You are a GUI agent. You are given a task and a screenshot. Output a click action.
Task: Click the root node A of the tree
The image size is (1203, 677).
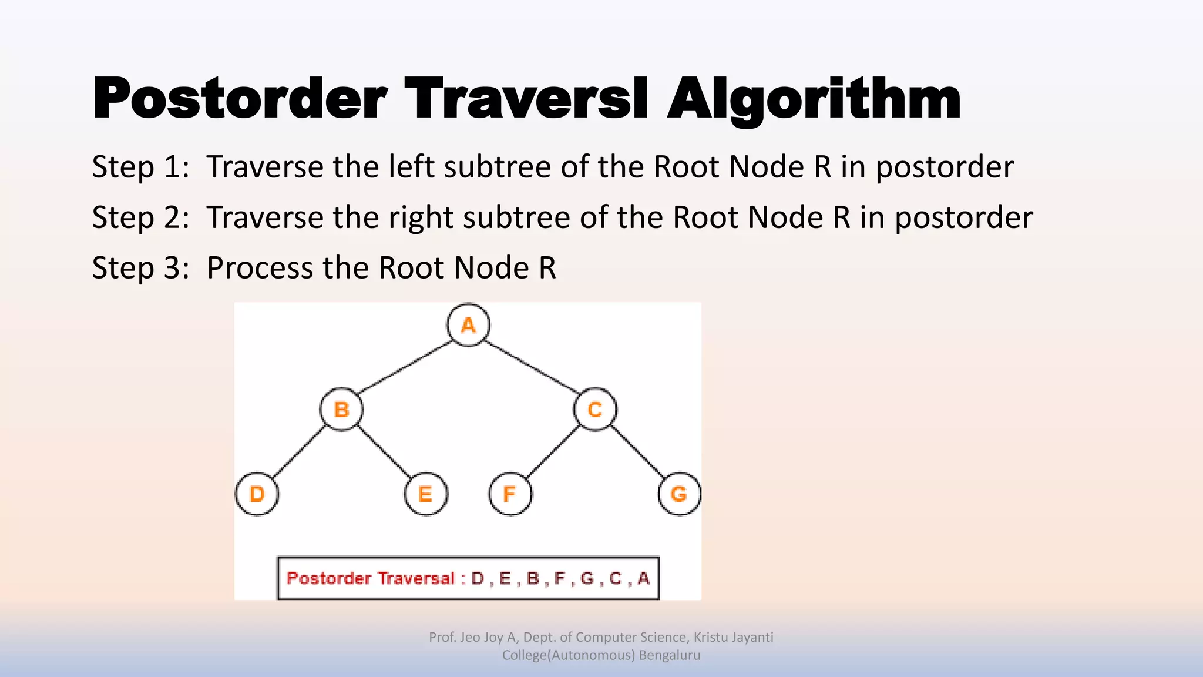(468, 325)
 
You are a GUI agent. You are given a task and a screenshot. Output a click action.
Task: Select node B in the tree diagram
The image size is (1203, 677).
(341, 409)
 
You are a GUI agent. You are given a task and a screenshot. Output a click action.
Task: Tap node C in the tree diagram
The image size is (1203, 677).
(595, 409)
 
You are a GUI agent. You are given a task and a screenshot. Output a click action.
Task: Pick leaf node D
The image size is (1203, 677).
(257, 494)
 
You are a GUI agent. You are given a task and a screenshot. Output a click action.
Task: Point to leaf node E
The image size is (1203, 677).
(426, 494)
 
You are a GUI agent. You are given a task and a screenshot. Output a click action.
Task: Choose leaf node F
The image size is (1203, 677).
(510, 494)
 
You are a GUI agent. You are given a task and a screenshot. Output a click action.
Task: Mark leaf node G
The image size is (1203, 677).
(679, 494)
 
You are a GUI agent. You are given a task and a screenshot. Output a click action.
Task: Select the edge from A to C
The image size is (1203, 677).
(532, 367)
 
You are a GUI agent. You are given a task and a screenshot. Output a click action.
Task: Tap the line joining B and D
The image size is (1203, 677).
(299, 452)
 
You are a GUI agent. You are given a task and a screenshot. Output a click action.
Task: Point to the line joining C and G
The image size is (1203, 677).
(637, 452)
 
